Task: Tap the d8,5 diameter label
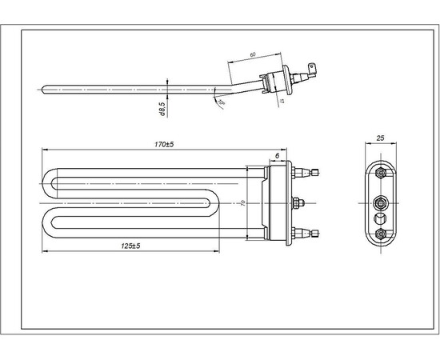[x=162, y=109]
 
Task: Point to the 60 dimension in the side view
[x=252, y=54]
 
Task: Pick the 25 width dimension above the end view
[x=381, y=138]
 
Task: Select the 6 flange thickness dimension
[x=277, y=154]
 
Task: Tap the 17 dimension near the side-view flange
[x=281, y=101]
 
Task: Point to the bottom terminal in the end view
[x=381, y=233]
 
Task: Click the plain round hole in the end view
[x=381, y=216]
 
